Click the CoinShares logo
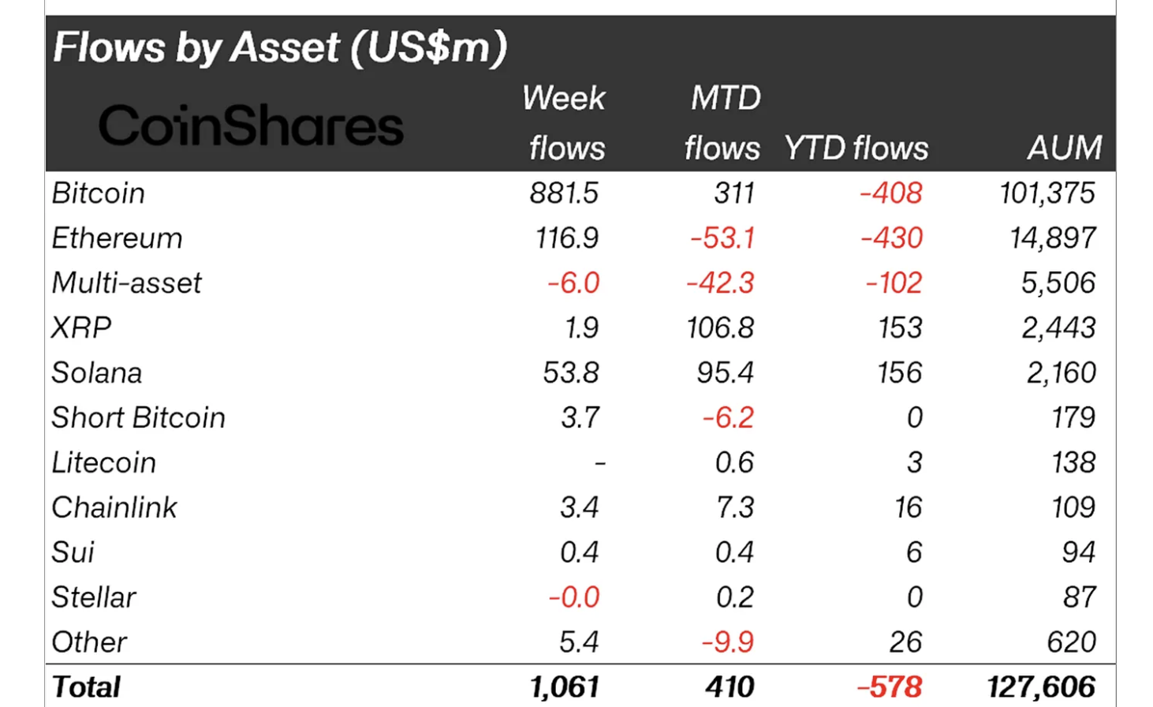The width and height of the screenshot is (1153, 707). [x=251, y=126]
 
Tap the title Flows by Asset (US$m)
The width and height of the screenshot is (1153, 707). [x=280, y=47]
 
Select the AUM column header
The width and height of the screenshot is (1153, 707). [x=1064, y=148]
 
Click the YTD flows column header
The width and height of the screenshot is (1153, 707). [x=856, y=148]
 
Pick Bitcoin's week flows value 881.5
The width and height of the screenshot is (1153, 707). [x=564, y=193]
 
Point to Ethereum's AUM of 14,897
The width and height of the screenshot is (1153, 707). [x=1053, y=238]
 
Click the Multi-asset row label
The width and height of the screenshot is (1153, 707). [x=127, y=283]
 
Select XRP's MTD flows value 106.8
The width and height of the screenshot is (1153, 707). [x=720, y=328]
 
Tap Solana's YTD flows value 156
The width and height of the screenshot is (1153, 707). [x=899, y=373]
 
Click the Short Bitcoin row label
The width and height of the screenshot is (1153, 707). [x=139, y=418]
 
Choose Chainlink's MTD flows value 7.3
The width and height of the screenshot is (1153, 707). [x=734, y=508]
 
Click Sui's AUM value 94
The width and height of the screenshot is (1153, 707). [x=1078, y=552]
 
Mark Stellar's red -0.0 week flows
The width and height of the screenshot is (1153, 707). [x=574, y=597]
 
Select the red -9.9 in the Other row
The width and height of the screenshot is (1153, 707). [x=727, y=642]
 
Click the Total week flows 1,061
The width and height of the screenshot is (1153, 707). [x=565, y=687]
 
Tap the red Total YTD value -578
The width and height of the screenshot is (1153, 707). [x=890, y=687]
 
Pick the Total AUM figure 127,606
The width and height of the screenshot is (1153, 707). [x=1041, y=687]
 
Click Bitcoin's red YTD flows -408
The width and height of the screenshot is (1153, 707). [x=890, y=193]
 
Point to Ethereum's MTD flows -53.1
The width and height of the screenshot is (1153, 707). [x=722, y=238]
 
